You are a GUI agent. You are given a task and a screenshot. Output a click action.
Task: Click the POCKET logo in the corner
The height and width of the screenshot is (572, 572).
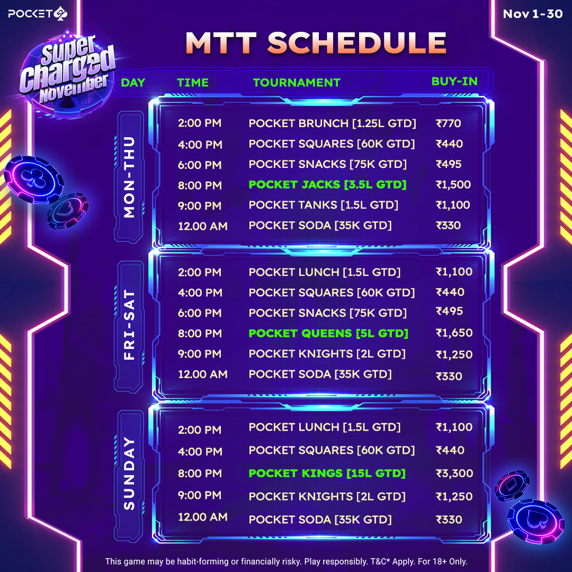pos(38,14)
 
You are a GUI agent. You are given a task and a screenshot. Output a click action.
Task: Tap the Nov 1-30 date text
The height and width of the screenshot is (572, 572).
pos(533,14)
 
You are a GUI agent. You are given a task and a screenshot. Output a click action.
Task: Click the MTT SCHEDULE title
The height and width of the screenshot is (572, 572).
pos(316,43)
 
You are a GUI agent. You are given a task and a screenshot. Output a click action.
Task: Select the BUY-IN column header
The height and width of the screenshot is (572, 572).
pos(454,82)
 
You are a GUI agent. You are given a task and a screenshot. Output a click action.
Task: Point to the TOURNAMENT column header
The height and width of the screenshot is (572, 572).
pos(297,83)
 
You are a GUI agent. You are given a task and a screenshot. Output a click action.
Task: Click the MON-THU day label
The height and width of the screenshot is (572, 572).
pos(130,177)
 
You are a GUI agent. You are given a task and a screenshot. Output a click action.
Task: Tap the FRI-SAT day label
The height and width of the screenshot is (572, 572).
pos(130,325)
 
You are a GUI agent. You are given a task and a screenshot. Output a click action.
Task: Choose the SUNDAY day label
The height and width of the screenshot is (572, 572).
pos(130,473)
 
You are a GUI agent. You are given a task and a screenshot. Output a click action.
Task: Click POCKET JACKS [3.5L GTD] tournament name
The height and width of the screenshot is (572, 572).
pos(328,185)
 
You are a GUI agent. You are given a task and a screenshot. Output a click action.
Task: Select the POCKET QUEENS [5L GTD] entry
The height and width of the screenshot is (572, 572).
pos(328,334)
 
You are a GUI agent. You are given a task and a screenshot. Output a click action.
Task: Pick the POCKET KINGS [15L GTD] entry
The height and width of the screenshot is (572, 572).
pos(327,473)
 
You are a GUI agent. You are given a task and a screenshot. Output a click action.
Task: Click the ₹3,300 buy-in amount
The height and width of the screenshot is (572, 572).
pos(454,473)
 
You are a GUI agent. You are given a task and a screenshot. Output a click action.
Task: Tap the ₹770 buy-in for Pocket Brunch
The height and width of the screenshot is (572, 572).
pos(449,123)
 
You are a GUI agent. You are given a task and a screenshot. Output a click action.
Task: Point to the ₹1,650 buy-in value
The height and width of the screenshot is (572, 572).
pos(454,333)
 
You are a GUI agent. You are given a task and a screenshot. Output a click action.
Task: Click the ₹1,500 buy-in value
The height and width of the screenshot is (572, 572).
pos(453,185)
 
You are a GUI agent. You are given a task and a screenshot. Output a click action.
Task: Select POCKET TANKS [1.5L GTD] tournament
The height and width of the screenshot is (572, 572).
pos(323,205)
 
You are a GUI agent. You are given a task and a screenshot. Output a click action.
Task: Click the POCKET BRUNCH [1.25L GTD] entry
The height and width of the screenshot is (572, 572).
pos(332,123)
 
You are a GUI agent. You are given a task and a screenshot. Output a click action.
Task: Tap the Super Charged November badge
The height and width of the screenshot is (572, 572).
pos(67,73)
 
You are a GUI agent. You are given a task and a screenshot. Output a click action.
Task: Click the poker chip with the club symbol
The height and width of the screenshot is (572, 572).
pos(33,180)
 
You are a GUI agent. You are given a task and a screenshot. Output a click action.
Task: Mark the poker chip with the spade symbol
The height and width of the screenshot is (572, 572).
pos(535,522)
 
